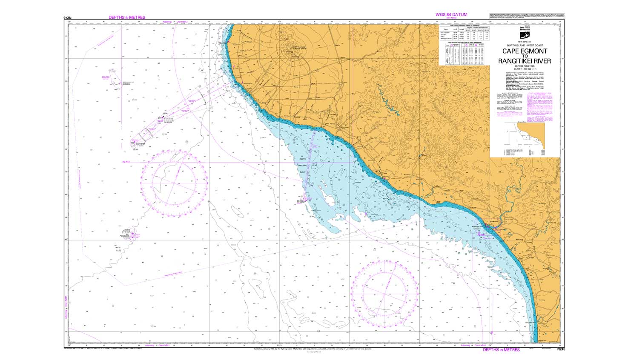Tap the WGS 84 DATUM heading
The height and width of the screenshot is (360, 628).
(x=451, y=14)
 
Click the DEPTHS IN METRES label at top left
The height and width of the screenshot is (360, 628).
(x=127, y=17)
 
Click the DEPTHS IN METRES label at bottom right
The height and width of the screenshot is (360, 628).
(x=501, y=350)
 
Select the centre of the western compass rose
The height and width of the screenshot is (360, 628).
(x=174, y=183)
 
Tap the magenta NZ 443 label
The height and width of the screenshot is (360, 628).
(x=125, y=162)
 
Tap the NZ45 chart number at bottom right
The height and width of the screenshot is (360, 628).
(x=561, y=349)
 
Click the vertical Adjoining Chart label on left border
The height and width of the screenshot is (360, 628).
(x=66, y=308)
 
